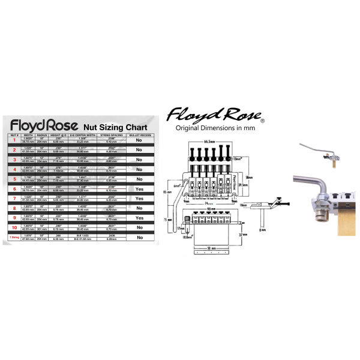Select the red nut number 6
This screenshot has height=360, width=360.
coord(14,188)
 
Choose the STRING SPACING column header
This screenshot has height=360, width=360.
coord(112,136)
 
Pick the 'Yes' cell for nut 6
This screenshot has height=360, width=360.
coord(139,188)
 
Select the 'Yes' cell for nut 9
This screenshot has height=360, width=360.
coord(139,217)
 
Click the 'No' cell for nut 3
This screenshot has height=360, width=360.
coord(139,160)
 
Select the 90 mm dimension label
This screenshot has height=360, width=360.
coord(211,209)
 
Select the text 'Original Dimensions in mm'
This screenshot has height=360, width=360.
coord(211,128)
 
